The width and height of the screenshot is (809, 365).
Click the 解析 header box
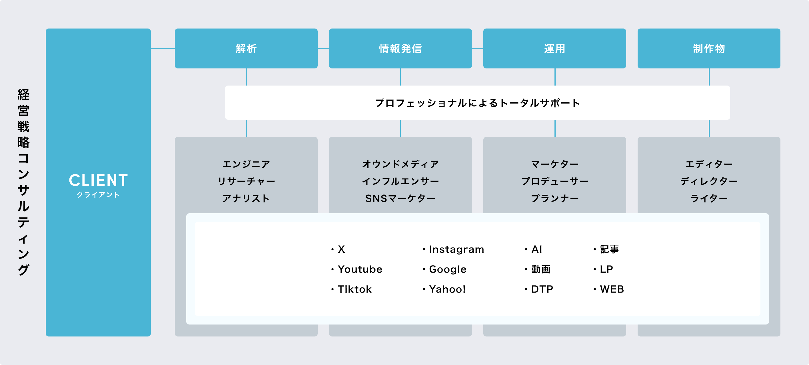point(246,48)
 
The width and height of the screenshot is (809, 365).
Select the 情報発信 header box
point(400,48)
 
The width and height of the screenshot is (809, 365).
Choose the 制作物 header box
point(709,48)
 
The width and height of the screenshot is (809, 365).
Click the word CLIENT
point(98,180)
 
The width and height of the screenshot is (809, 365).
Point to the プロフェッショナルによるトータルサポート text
point(477,103)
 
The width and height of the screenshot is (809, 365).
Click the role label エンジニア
point(246,164)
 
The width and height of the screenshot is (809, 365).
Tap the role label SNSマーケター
point(401,198)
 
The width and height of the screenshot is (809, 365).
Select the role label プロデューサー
point(555,181)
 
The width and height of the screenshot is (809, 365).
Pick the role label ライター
point(709,198)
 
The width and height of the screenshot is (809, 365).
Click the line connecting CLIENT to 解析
point(163,48)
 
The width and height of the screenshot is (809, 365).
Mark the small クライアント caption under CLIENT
point(98,195)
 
